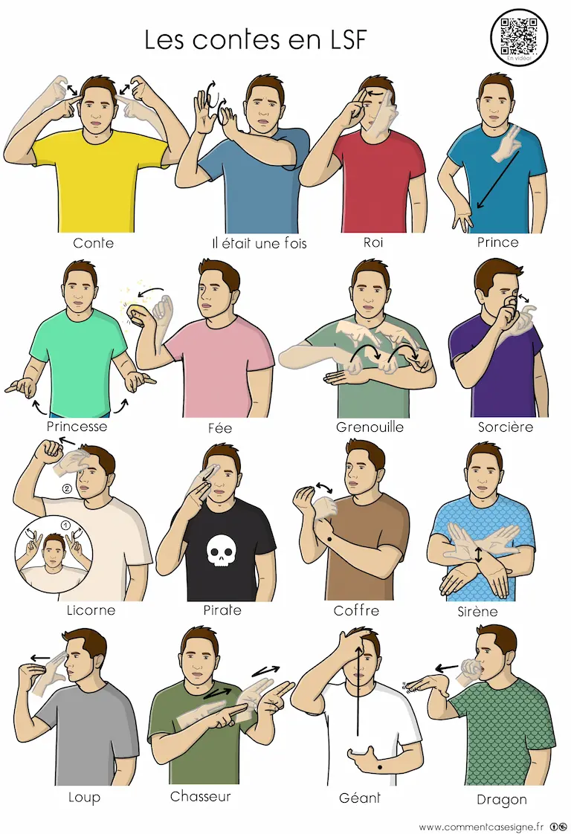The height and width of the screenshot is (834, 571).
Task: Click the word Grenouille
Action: click(x=370, y=427)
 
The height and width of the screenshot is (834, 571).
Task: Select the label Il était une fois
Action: click(x=259, y=244)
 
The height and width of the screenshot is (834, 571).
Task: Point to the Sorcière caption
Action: click(x=505, y=427)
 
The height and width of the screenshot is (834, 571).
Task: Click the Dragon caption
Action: click(x=501, y=800)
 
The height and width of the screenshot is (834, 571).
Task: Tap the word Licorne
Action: click(x=91, y=610)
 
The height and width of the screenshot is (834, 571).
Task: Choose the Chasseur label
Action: click(x=201, y=796)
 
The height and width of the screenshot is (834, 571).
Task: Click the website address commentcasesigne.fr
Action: click(x=481, y=827)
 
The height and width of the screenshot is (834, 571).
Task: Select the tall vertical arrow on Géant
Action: click(x=358, y=690)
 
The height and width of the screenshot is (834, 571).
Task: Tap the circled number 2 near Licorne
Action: click(x=67, y=488)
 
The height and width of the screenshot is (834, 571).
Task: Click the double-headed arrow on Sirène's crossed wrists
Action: click(x=478, y=555)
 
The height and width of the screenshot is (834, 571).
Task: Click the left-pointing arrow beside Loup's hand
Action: click(x=40, y=658)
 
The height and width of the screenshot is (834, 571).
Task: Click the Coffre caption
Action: click(x=356, y=610)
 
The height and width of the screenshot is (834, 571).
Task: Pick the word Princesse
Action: click(x=77, y=426)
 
